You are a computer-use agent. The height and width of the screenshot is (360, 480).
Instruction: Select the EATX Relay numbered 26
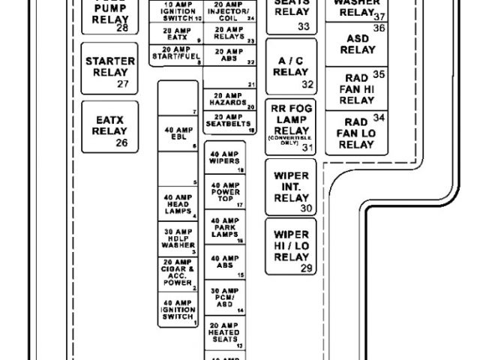pyautogui.click(x=109, y=125)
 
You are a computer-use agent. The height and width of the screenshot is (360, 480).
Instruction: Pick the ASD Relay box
pyautogui.click(x=357, y=43)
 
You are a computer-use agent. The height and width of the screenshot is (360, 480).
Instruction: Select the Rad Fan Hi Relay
pyautogui.click(x=357, y=88)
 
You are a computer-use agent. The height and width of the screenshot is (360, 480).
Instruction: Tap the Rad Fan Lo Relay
pyautogui.click(x=357, y=133)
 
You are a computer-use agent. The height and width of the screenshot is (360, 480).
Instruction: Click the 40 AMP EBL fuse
pyautogui.click(x=179, y=133)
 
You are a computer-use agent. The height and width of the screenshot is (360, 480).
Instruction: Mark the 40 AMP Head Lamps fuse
pyautogui.click(x=179, y=205)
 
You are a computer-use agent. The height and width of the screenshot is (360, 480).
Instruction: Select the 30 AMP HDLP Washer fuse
pyautogui.click(x=179, y=239)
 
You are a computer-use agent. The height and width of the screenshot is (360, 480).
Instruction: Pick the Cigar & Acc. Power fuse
pyautogui.click(x=179, y=274)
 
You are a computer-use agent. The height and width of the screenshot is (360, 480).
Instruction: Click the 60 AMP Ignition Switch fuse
pyautogui.click(x=179, y=310)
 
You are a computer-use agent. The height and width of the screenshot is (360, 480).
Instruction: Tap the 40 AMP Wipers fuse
pyautogui.click(x=225, y=158)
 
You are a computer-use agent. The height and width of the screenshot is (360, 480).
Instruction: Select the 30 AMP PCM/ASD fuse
pyautogui.click(x=225, y=298)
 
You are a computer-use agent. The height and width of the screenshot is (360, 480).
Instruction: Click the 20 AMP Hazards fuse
pyautogui.click(x=225, y=100)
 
